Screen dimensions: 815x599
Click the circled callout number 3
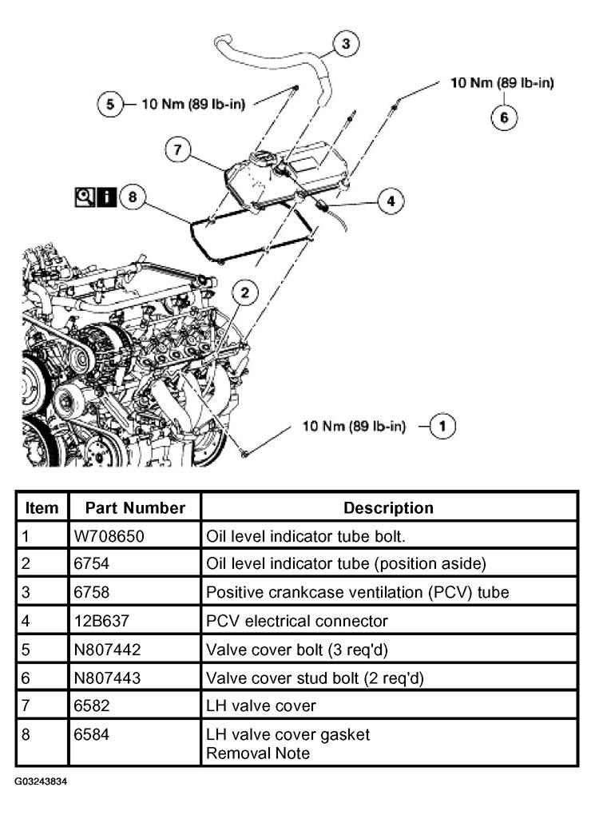[345, 43]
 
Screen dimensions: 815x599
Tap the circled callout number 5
[109, 103]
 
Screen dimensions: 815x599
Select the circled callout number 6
[503, 117]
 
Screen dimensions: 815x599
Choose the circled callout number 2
[245, 292]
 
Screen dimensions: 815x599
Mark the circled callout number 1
[443, 426]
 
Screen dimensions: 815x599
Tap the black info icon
[106, 197]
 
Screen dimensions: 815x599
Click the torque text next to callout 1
[353, 426]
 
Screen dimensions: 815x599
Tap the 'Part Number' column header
[135, 508]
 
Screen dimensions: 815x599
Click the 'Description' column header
[388, 508]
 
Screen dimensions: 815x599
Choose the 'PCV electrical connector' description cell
[286, 621]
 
